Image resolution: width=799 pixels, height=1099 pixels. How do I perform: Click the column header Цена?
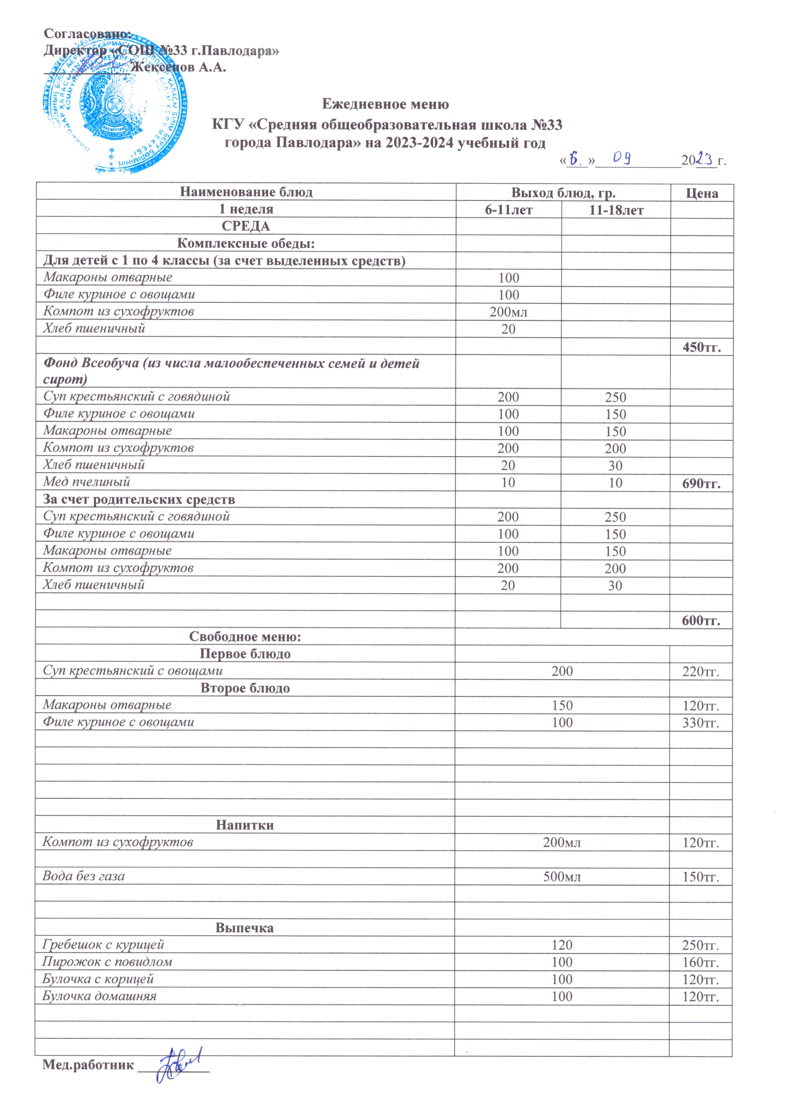point(702,193)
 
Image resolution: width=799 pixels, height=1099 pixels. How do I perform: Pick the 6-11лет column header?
point(509,210)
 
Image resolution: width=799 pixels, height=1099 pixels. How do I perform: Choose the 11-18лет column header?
point(616,210)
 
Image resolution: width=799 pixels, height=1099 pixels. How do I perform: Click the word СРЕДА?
point(246,226)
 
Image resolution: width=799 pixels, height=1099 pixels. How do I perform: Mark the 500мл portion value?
point(562,877)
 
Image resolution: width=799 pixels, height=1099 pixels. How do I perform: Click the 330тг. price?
point(701,723)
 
